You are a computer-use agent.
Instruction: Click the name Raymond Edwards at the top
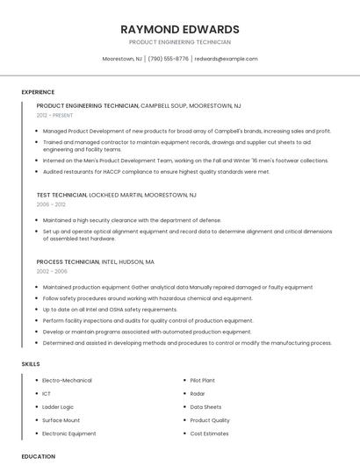[x=180, y=29]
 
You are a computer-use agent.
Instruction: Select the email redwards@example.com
[x=227, y=59]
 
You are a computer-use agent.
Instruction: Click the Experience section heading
[x=38, y=92]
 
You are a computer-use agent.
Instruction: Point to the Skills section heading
[x=31, y=363]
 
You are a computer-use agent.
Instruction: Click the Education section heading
[x=39, y=456]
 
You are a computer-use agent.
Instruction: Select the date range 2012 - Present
[x=55, y=115]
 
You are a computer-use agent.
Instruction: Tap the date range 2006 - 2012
[x=51, y=204]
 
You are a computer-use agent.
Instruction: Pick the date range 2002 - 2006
[x=52, y=271]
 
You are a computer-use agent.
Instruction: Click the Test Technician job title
[x=68, y=195]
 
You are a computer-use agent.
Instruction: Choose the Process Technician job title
[x=68, y=261]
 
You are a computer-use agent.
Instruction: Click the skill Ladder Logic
[x=58, y=407]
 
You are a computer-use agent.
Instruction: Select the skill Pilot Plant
[x=203, y=381]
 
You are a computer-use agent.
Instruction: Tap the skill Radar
[x=198, y=394]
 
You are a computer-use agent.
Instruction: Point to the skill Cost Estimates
[x=209, y=433]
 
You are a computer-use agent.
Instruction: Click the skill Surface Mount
[x=61, y=420]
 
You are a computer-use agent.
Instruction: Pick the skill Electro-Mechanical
[x=67, y=381]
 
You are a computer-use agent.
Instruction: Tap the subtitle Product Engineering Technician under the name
[x=180, y=42]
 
